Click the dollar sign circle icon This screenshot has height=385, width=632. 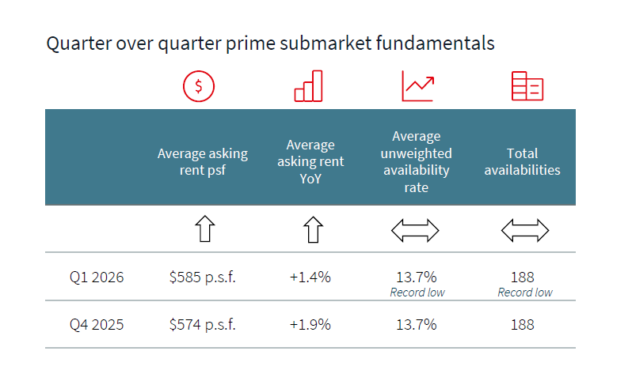pyautogui.click(x=199, y=86)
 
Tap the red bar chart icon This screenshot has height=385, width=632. pyautogui.click(x=309, y=86)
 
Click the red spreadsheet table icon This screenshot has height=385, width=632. pyautogui.click(x=527, y=86)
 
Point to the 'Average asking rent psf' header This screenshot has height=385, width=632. pyautogui.click(x=203, y=161)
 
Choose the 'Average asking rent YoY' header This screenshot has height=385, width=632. pyautogui.click(x=310, y=161)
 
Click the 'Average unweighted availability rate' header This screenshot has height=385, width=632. pyautogui.click(x=417, y=161)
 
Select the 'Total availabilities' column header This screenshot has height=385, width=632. pyautogui.click(x=522, y=161)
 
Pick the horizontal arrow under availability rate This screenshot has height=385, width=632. pyautogui.click(x=415, y=231)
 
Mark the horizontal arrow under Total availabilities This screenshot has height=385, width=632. pyautogui.click(x=525, y=231)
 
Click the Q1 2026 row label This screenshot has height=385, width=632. pyautogui.click(x=96, y=277)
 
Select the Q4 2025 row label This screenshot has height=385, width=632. pyautogui.click(x=96, y=324)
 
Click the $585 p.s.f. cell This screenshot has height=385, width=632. pyautogui.click(x=203, y=277)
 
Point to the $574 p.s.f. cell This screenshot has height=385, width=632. pyautogui.click(x=203, y=324)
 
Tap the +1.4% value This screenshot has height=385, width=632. pyautogui.click(x=310, y=277)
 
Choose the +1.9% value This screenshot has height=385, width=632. pyautogui.click(x=310, y=324)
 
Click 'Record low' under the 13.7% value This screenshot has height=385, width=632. pyautogui.click(x=417, y=293)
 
